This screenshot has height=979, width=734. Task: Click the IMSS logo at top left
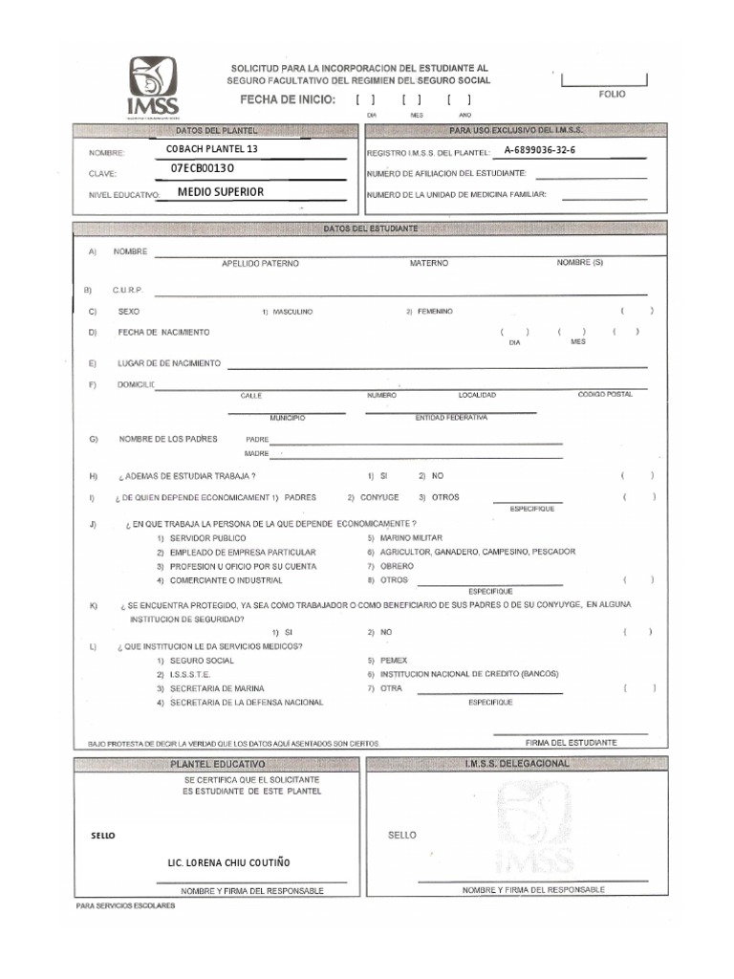[x=153, y=87]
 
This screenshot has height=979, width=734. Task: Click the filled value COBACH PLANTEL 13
[x=212, y=149]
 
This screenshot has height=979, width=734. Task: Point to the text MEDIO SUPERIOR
[x=221, y=191]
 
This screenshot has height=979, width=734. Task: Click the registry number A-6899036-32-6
[x=540, y=150]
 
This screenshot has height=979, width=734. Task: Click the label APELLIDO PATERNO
[x=260, y=262]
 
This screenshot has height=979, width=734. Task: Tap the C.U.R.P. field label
[x=127, y=289]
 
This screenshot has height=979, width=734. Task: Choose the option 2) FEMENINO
[x=429, y=312]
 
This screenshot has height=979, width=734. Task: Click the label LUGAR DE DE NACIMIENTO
[x=169, y=363]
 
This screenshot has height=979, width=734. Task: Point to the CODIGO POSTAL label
[x=604, y=394]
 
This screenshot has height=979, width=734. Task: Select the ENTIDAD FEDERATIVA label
[x=451, y=418]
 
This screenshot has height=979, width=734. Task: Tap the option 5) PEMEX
[x=388, y=661]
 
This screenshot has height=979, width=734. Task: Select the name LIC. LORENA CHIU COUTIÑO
[x=229, y=862]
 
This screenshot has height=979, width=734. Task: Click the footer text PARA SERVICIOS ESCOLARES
[x=125, y=904]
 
